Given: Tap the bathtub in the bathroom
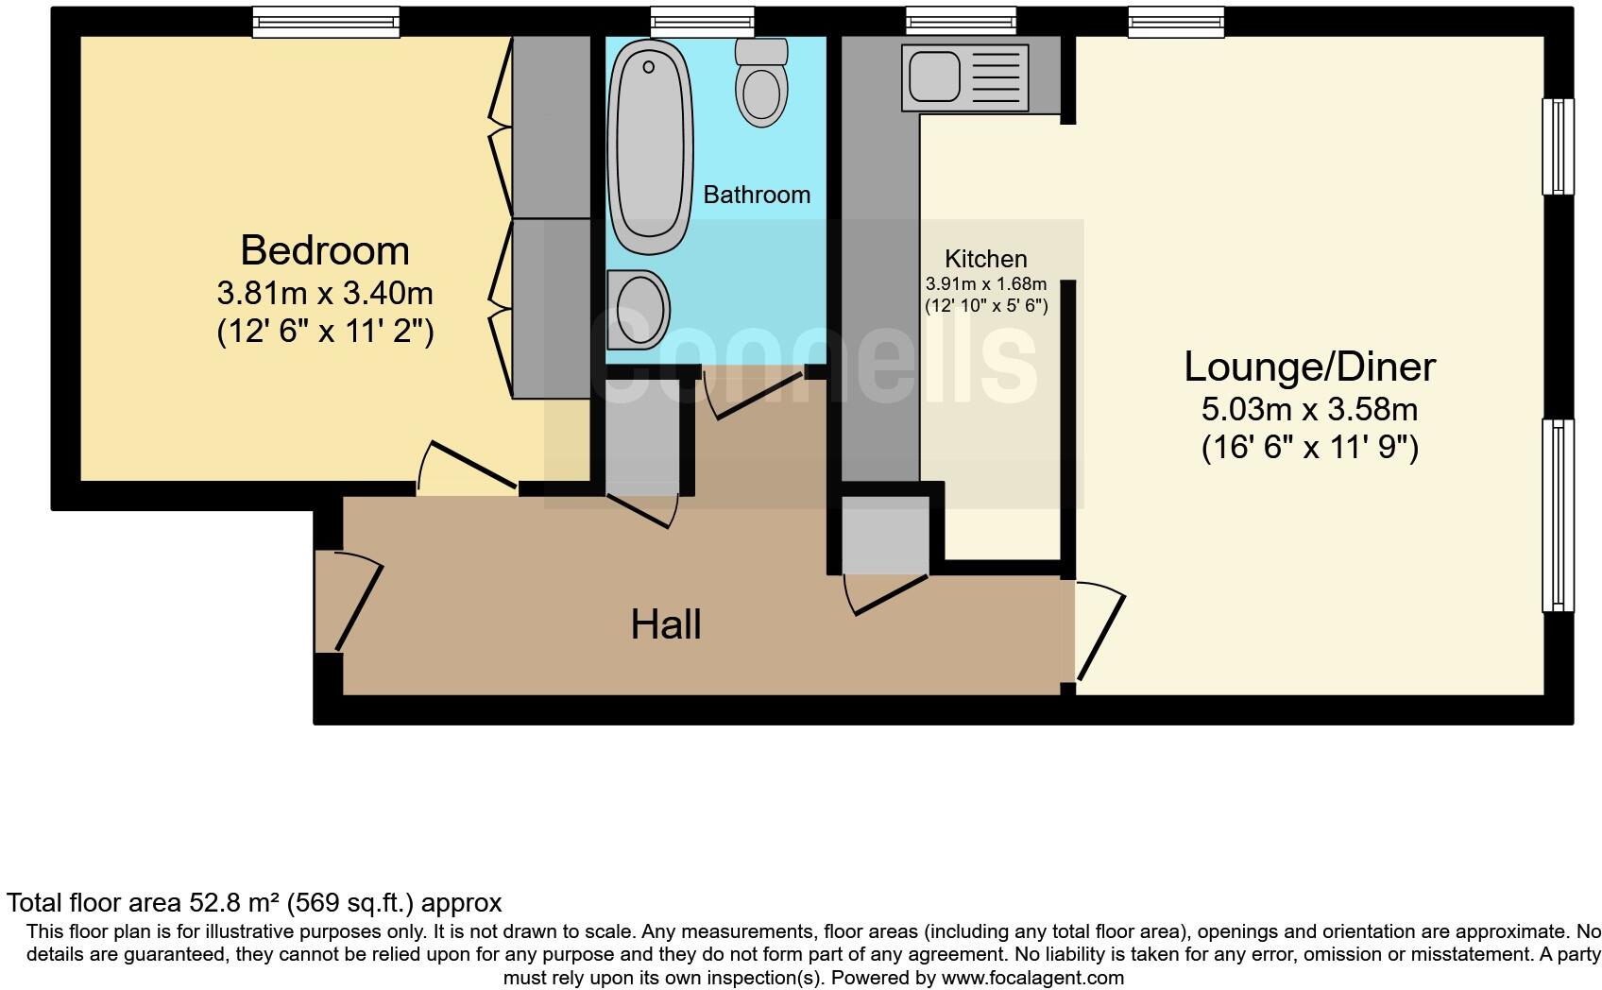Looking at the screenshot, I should pos(650,147).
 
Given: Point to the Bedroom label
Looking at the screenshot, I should pos(325,251).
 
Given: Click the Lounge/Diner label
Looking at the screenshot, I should pos(1309,367).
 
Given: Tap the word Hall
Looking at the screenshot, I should pos(666,625).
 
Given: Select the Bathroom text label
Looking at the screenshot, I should pos(757,196).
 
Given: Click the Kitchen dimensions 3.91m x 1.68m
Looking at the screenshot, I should pos(985,284).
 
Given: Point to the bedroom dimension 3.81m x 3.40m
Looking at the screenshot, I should pos(325,294).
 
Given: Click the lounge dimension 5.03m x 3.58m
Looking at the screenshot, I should pos(1309,410).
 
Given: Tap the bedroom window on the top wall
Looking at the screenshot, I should pos(326,21).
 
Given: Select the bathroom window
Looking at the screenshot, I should pos(702,21).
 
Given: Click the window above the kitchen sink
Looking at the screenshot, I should pos(960,21).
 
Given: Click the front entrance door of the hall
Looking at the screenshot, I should pos(356,605).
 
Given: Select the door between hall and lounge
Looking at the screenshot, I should pos(1099,633).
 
